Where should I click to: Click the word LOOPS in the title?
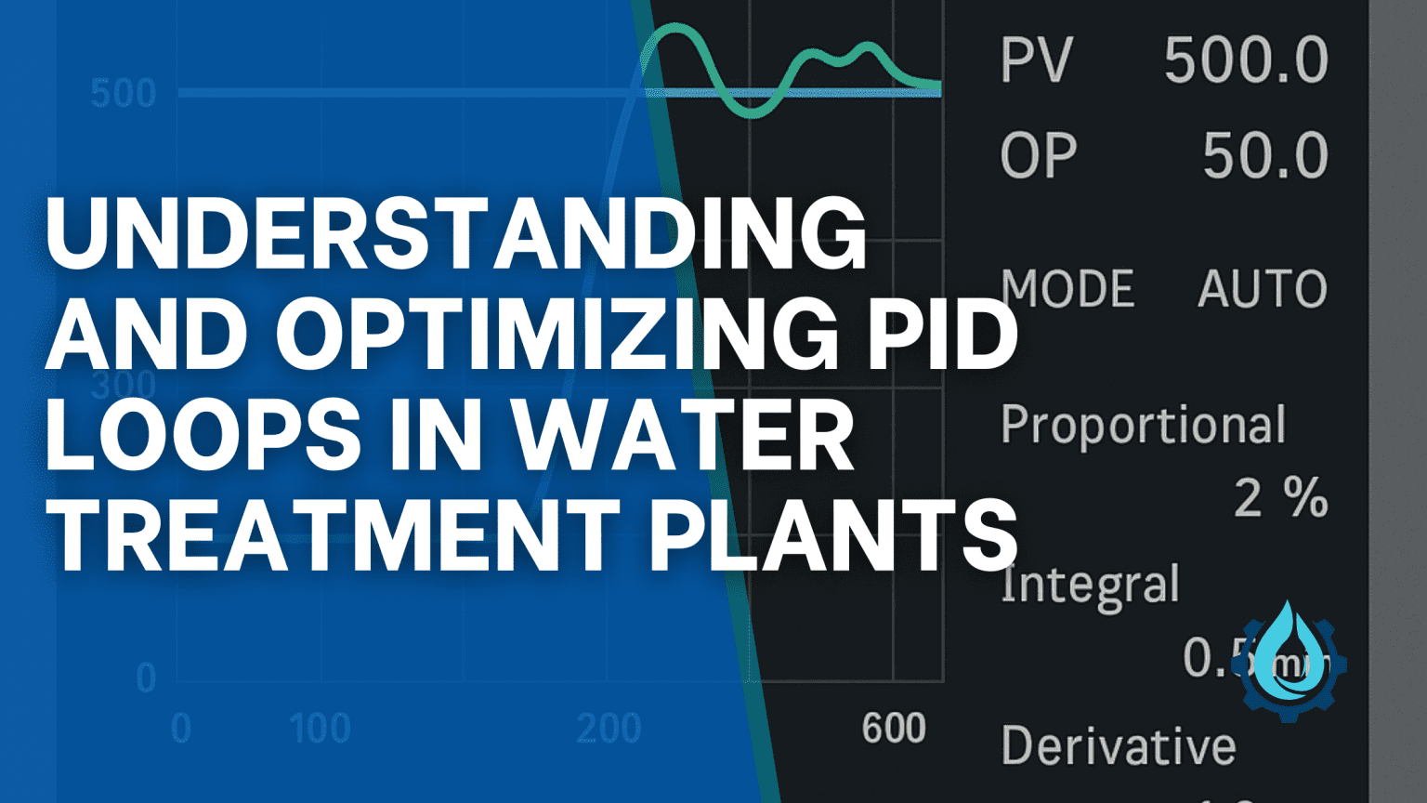tap(203, 434)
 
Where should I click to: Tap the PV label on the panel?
tap(1036, 61)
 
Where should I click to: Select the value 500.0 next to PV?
tap(1246, 61)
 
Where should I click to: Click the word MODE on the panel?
tap(1067, 288)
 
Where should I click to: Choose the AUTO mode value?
tap(1262, 288)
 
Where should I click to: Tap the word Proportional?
tap(1143, 427)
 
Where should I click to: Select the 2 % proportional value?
tap(1280, 498)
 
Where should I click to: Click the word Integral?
tap(1090, 586)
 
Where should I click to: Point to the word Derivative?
tap(1119, 745)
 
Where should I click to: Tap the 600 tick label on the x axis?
tap(894, 729)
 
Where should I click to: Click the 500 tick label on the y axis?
tap(124, 94)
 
